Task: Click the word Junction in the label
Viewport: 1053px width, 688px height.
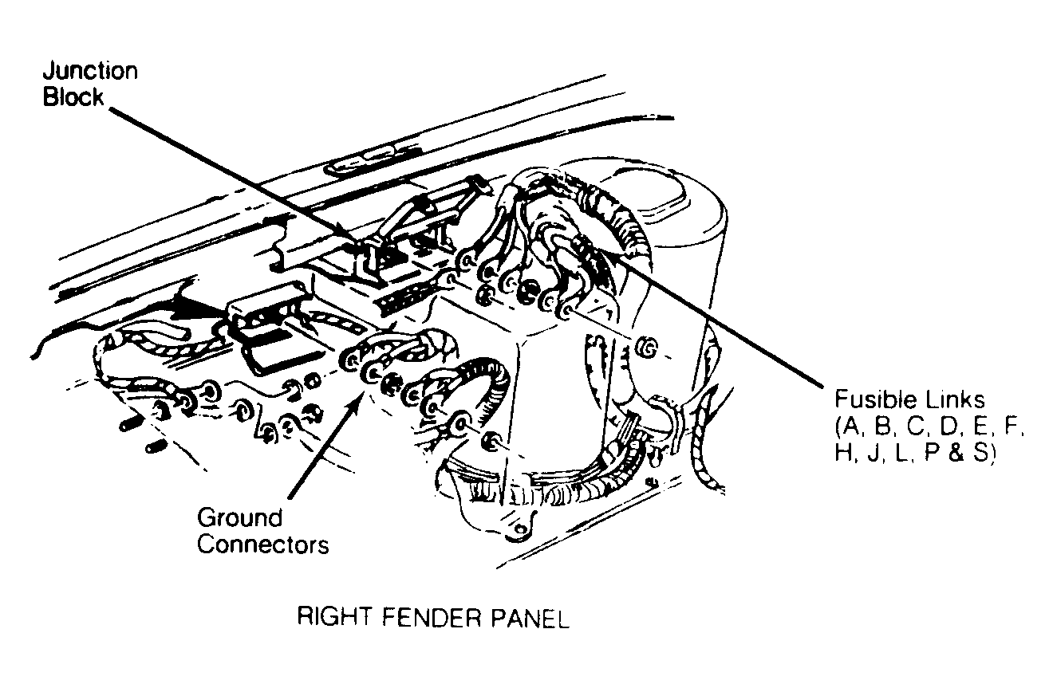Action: coord(89,70)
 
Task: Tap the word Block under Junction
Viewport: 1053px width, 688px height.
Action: coord(73,97)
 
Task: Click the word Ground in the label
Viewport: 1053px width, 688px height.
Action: coord(239,517)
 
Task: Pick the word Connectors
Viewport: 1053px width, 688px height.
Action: coord(262,545)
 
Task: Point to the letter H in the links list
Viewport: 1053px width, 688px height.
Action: coord(843,452)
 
